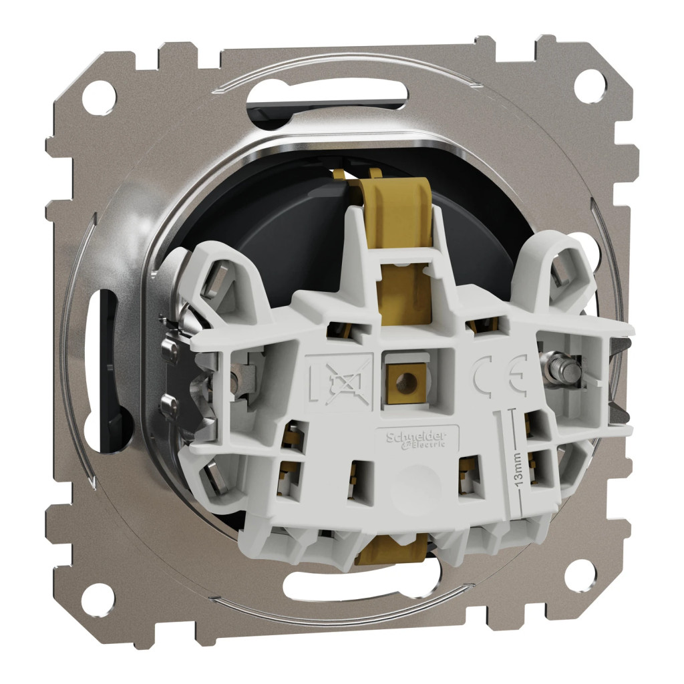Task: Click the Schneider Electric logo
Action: coord(416,439)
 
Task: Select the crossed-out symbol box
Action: coord(340,380)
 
